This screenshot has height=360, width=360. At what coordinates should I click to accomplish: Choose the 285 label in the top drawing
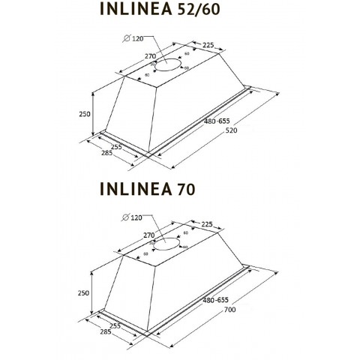[x=108, y=154]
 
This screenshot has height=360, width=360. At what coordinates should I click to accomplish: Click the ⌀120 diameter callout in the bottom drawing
[x=134, y=217]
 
